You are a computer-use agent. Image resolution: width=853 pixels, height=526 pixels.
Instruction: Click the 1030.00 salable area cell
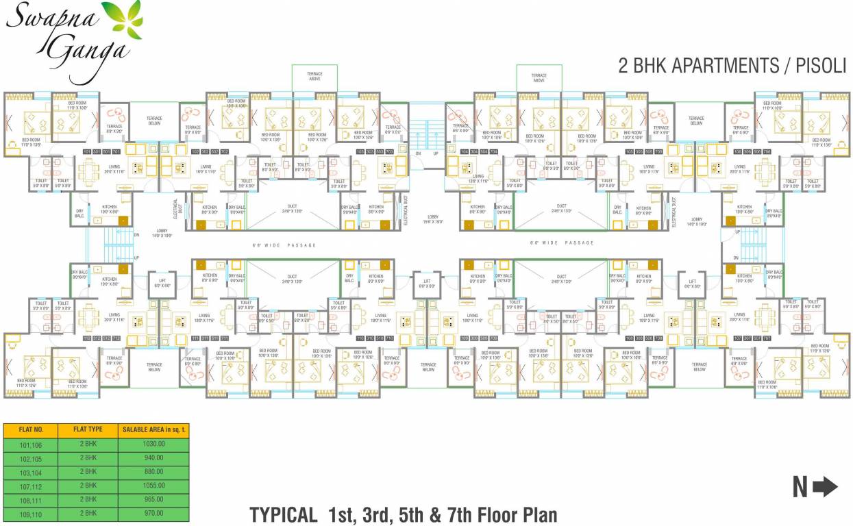[152, 444]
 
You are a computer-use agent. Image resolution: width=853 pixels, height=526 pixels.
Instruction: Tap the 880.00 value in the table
[152, 472]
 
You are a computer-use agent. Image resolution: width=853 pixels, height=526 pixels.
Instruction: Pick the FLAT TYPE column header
[88, 429]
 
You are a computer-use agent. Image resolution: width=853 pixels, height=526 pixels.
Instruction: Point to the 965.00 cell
[152, 499]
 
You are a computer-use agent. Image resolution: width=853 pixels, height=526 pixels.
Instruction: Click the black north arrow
[825, 487]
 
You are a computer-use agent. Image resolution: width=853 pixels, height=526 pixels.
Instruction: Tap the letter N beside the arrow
[800, 487]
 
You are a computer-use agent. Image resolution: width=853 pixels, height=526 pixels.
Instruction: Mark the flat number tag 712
[116, 338]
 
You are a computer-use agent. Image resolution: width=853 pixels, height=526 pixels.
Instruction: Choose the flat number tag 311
[204, 338]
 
